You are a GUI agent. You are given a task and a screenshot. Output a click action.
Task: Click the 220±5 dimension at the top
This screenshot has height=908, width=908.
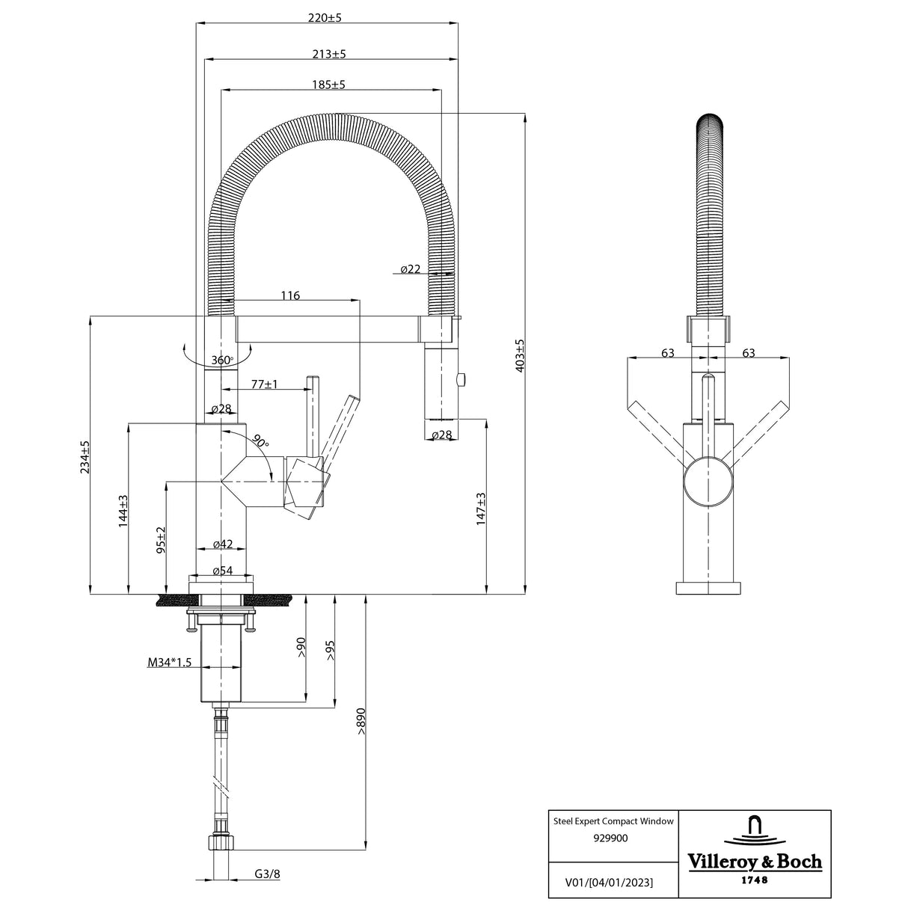(325, 18)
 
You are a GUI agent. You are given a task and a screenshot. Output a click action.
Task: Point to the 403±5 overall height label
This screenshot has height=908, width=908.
(520, 355)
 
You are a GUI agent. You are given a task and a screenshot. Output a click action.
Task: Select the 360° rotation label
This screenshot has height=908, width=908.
(222, 361)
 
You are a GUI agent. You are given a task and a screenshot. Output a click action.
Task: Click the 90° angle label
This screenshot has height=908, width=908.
(260, 441)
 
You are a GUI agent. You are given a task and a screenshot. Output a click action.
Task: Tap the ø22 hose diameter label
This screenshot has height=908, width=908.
(410, 269)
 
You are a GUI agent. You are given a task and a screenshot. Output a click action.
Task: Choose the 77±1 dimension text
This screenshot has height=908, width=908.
(264, 384)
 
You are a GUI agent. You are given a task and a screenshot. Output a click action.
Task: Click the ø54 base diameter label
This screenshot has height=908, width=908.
(222, 571)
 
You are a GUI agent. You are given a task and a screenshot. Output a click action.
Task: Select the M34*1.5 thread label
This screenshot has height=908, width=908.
(170, 662)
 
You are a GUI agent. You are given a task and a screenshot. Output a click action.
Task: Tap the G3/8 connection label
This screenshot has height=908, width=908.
(267, 874)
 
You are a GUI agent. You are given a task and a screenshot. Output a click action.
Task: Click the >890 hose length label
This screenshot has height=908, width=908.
(361, 722)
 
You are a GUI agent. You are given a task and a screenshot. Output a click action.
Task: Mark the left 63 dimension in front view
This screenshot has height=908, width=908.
(668, 353)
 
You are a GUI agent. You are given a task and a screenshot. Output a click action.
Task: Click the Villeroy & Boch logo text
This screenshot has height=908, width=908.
(754, 861)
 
